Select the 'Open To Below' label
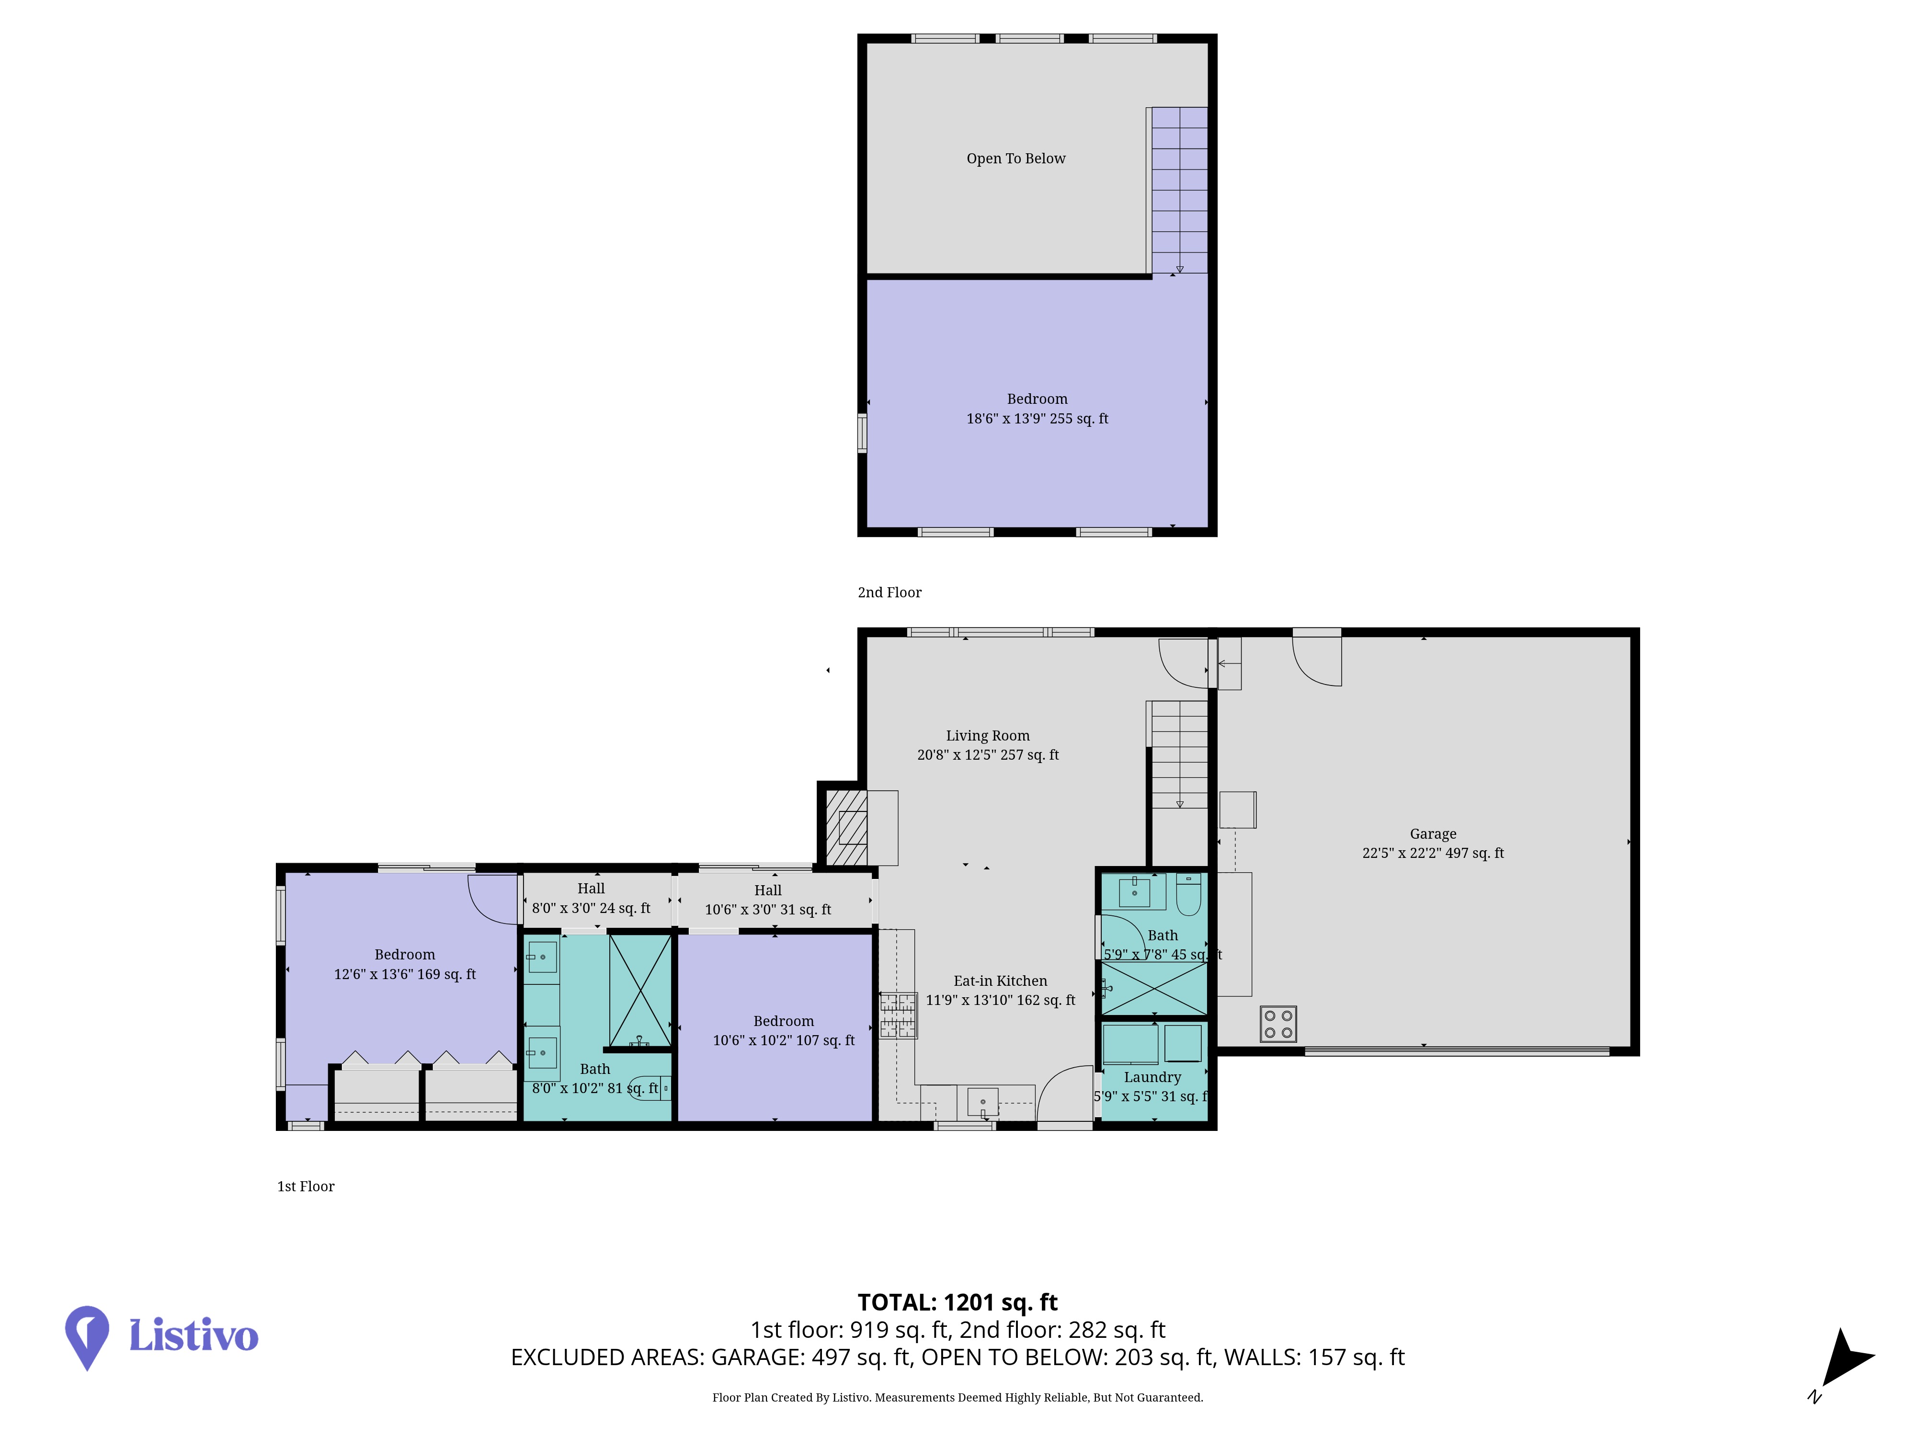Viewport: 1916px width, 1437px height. pyautogui.click(x=1016, y=159)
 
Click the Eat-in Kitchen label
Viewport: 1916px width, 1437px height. pyautogui.click(x=1001, y=981)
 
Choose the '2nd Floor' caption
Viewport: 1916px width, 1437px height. pyautogui.click(x=890, y=593)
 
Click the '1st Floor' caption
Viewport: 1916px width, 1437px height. pyautogui.click(x=306, y=1186)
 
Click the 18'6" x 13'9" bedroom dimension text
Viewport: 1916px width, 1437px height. pyautogui.click(x=1037, y=418)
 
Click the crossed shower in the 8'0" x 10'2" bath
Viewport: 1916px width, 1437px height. pyautogui.click(x=640, y=991)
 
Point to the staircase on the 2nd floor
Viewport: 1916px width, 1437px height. pyautogui.click(x=1179, y=191)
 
